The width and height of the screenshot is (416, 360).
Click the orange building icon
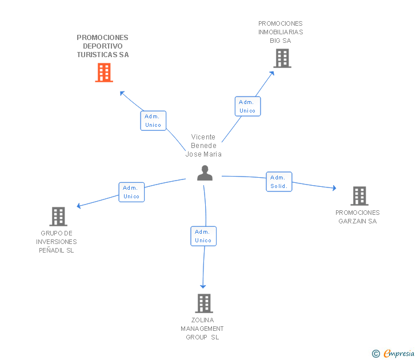104,73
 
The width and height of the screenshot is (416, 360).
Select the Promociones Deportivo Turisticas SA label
103,46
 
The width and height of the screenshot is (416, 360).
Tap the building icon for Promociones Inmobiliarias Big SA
282,58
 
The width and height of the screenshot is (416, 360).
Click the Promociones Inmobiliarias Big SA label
281,32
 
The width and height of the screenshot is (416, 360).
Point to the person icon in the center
205,173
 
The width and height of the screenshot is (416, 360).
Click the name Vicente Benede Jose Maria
203,146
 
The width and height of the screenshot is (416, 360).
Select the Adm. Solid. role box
279,182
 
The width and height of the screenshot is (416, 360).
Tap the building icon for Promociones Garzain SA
359,196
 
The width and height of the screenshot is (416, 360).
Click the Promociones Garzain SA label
357,217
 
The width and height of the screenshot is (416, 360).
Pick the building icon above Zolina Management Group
204,303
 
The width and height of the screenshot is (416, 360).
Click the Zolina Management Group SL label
202,329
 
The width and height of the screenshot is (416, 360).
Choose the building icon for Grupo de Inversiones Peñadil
58,217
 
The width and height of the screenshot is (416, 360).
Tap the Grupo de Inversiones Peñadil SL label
57,242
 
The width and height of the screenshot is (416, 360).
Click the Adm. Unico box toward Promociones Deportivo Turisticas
153,121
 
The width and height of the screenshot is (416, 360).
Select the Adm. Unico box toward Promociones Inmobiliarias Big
247,106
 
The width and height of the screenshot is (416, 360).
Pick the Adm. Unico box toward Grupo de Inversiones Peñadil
131,192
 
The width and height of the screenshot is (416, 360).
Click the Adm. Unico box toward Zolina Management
203,236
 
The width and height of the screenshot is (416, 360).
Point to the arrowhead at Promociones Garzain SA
334,188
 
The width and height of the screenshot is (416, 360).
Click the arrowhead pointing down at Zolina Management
202,286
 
